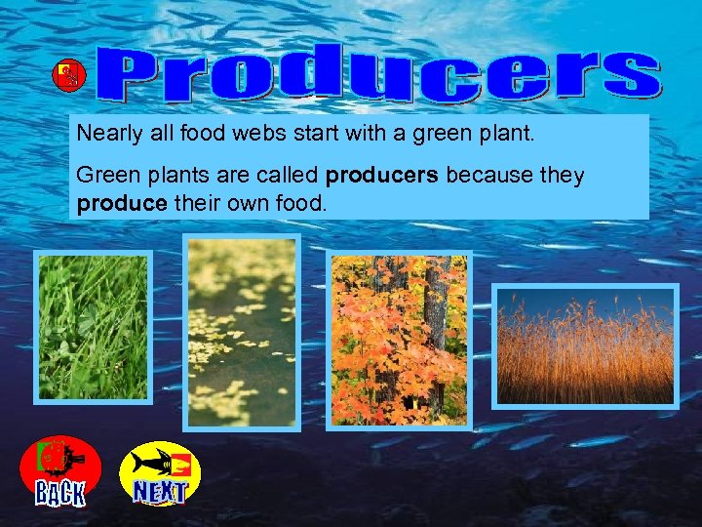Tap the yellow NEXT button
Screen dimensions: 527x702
coord(160,474)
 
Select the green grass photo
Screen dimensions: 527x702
coord(94,327)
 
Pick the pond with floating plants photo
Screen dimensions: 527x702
coord(241,332)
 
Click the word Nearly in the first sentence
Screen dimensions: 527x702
coord(108,134)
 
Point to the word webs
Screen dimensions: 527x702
coord(280,134)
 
